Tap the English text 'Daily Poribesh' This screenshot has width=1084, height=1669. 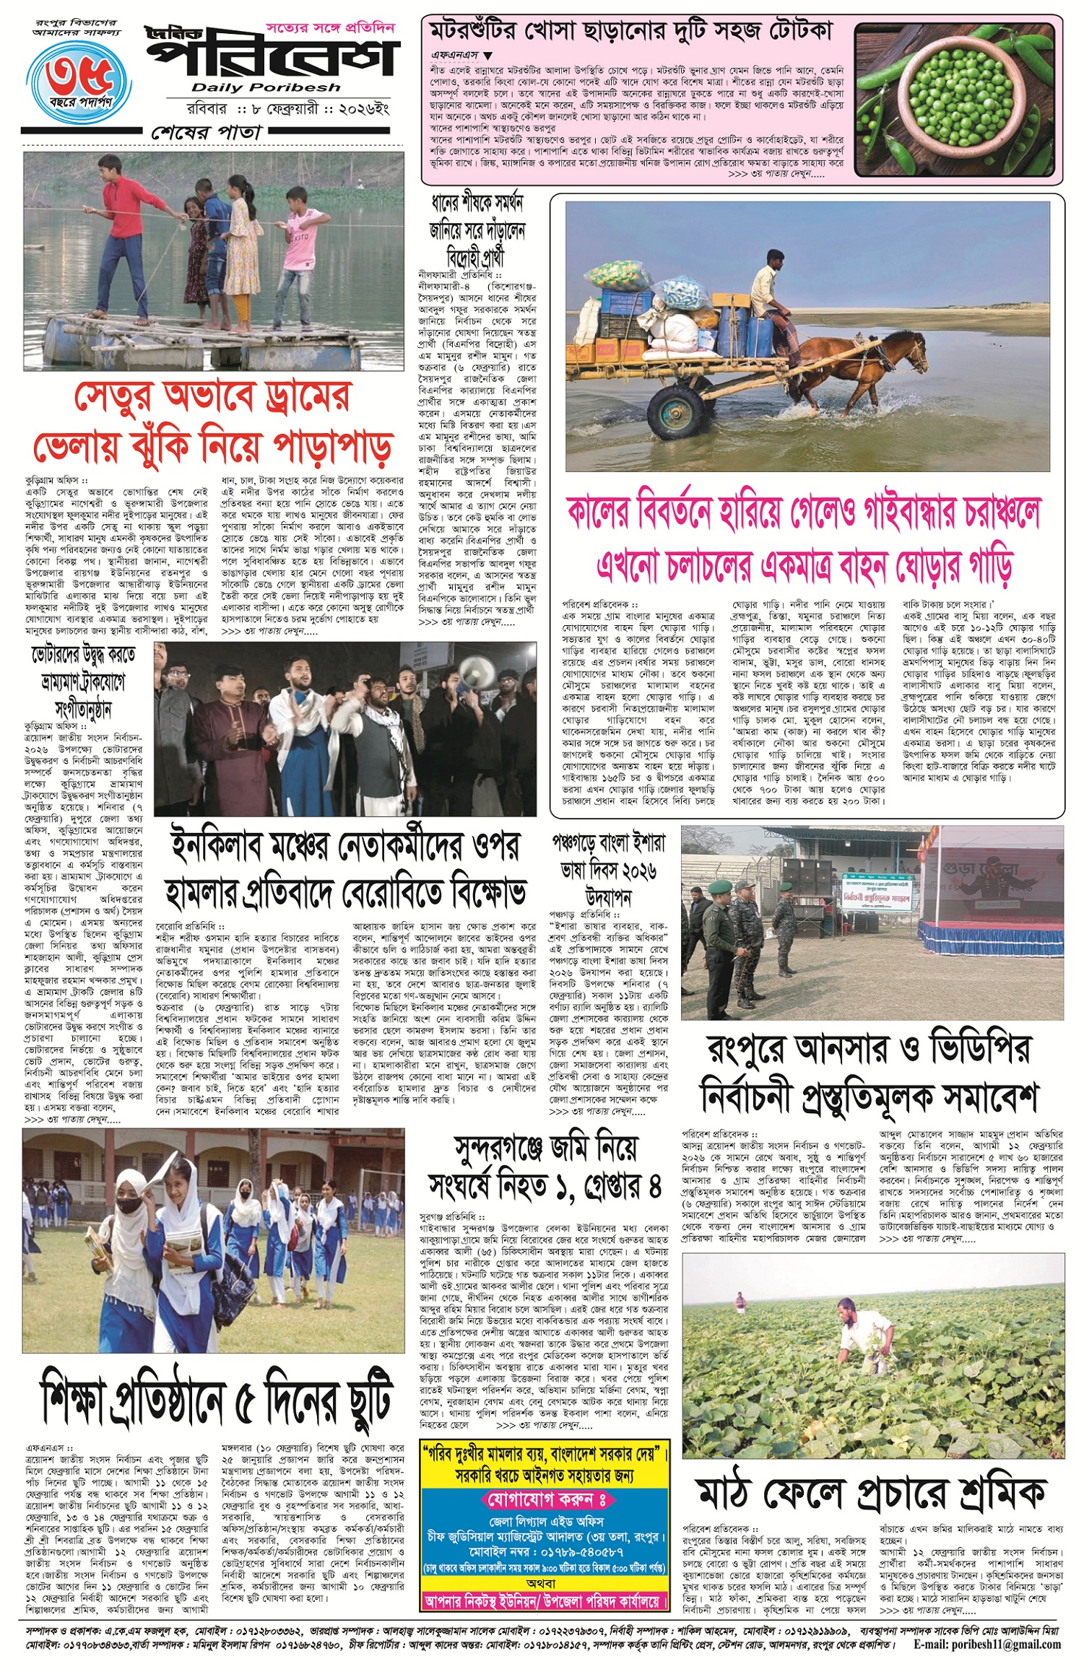coord(266,87)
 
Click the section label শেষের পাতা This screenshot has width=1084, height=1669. coord(207,132)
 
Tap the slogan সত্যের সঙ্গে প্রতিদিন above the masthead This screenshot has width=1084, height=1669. coord(330,28)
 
